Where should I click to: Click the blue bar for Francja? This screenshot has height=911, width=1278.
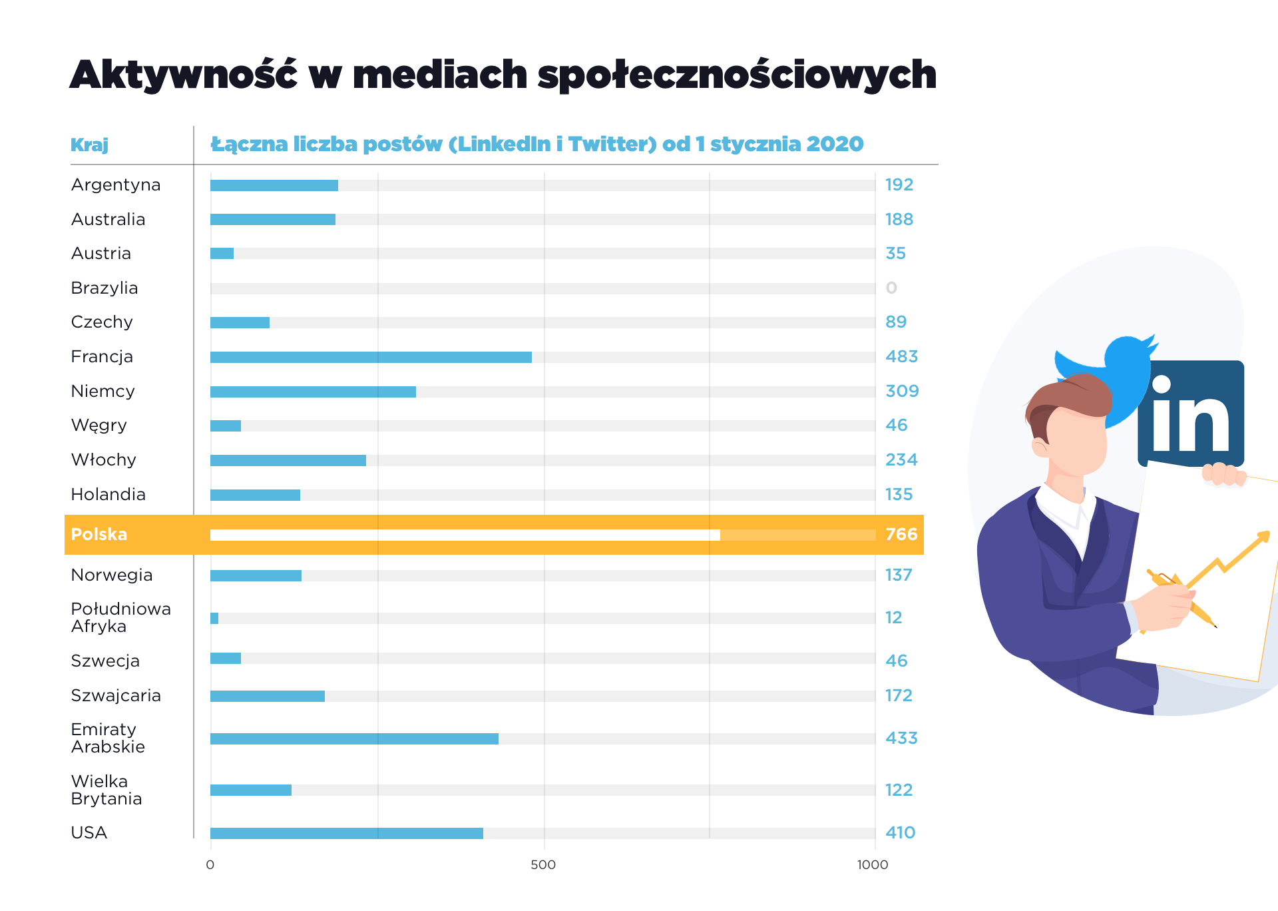point(371,358)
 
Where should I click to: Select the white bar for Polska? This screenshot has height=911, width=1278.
point(465,535)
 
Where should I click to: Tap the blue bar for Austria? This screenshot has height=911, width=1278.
point(222,254)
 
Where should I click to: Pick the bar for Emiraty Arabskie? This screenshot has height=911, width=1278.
point(354,739)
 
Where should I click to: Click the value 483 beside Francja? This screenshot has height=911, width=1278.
point(901,357)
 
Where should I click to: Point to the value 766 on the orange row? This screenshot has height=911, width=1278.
point(901,535)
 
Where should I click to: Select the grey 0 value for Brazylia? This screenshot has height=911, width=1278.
point(891,288)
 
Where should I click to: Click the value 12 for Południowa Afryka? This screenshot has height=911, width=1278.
point(893,618)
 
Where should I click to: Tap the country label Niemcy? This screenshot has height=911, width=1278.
point(103,392)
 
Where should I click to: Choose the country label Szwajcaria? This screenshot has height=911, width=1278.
point(116,696)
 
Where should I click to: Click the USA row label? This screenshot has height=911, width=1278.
point(89,833)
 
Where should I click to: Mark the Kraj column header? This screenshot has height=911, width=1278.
point(89,145)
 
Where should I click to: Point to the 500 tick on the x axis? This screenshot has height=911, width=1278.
point(543,865)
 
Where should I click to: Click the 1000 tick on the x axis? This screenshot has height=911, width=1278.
point(873,865)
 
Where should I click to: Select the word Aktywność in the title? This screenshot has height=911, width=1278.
point(183,75)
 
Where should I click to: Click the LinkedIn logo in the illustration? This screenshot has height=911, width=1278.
point(1191,414)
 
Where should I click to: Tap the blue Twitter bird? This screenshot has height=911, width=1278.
point(1118,373)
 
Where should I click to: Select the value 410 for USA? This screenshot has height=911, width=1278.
point(900,833)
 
